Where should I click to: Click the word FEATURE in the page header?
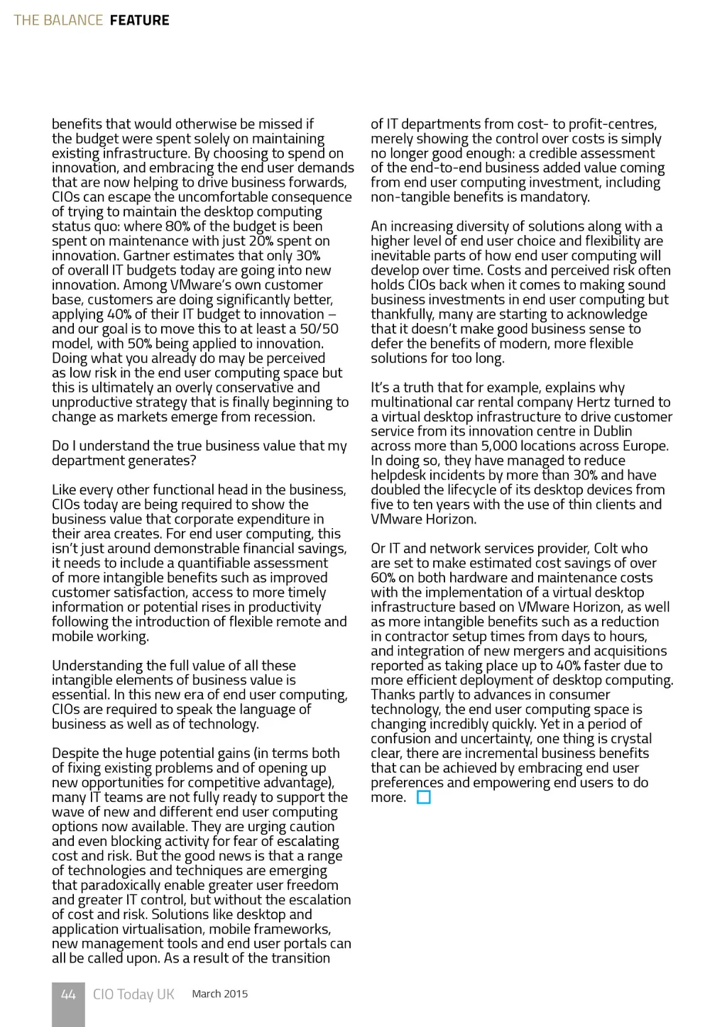pyautogui.click(x=139, y=20)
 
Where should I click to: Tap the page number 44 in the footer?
pyautogui.click(x=68, y=994)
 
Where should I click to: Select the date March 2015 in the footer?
pyautogui.click(x=220, y=994)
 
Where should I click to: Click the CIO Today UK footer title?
pyautogui.click(x=133, y=994)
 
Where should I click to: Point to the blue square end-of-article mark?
pyautogui.click(x=424, y=797)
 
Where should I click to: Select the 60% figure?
pyautogui.click(x=383, y=578)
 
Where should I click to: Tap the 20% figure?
pyautogui.click(x=261, y=241)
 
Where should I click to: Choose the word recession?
pyautogui.click(x=283, y=417)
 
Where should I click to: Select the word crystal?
pyautogui.click(x=628, y=738)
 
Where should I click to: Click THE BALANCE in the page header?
pyautogui.click(x=58, y=20)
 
